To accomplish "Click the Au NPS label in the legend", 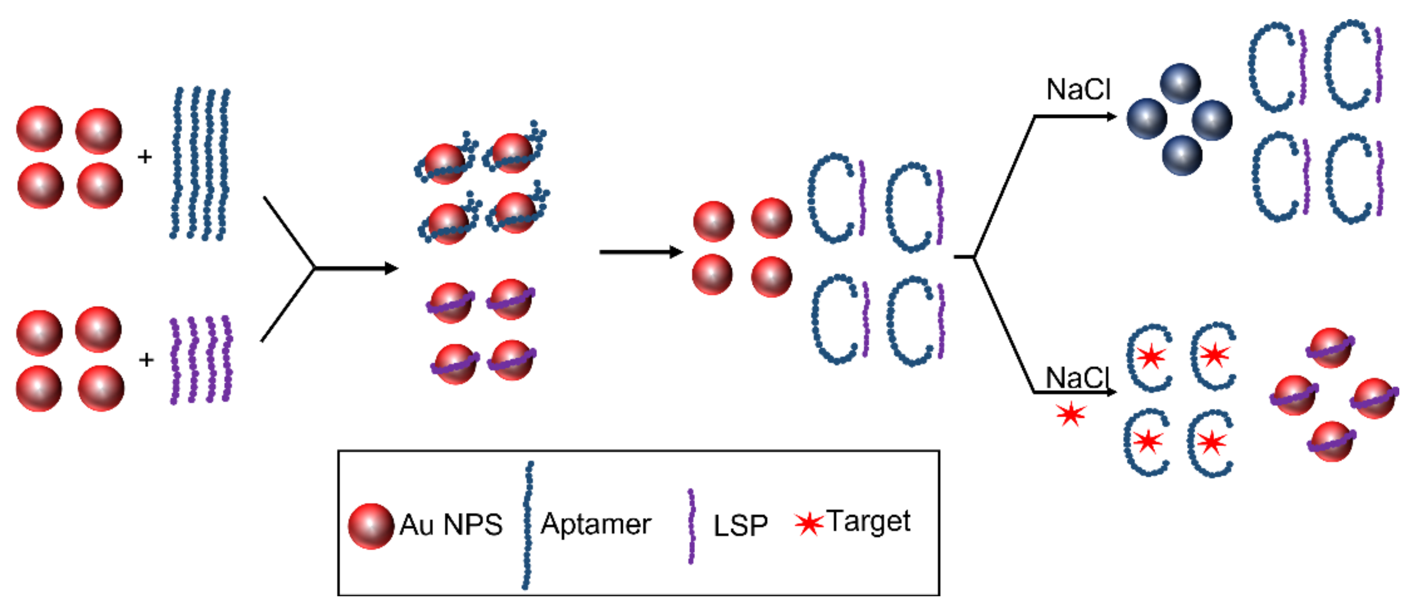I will point(451,525).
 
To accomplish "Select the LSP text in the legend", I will point(740,526).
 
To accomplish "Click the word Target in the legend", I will point(868,521).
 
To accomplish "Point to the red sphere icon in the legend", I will point(371,526).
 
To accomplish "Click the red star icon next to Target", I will point(808,523).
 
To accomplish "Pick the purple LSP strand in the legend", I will point(691,526).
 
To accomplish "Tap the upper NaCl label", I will point(1078,89).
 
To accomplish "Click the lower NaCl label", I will point(1077,378).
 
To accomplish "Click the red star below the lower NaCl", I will point(1071,414).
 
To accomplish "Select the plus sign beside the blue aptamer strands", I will point(145,157).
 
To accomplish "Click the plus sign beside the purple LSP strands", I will point(146,360).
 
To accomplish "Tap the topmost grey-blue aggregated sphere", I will point(1180,84).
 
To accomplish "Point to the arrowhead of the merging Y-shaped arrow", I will point(391,268).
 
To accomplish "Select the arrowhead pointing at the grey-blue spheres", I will point(1111,117).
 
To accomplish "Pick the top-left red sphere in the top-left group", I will point(40,129).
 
